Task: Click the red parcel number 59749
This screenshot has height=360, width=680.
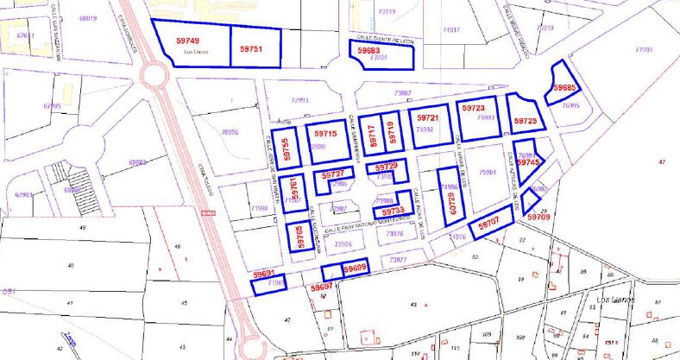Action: pyautogui.click(x=187, y=41)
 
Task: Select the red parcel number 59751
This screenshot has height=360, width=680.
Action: pyautogui.click(x=250, y=49)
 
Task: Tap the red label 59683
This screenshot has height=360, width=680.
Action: pyautogui.click(x=368, y=52)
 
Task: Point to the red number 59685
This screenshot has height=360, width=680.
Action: pyautogui.click(x=565, y=88)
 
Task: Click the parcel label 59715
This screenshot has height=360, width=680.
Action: pyautogui.click(x=326, y=134)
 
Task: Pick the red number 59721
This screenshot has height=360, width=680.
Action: pyautogui.click(x=429, y=118)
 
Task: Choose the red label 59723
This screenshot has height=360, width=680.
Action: pyautogui.click(x=473, y=109)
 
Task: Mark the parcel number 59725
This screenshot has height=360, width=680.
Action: pyautogui.click(x=525, y=122)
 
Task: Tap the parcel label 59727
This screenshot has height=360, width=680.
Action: pyautogui.click(x=332, y=175)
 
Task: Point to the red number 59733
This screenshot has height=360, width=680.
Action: pyautogui.click(x=393, y=211)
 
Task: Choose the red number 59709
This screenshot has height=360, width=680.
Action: pyautogui.click(x=538, y=218)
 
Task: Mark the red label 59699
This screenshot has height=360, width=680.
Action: pyautogui.click(x=355, y=268)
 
